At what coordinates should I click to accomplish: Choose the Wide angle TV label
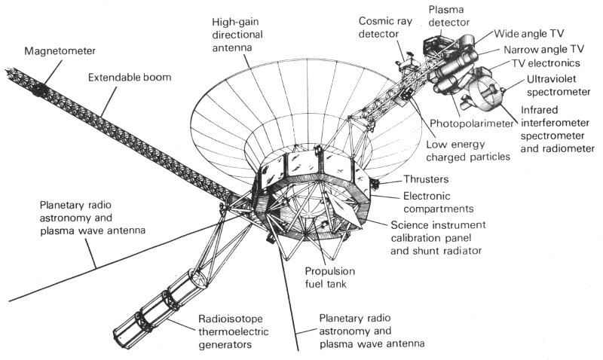point(529,35)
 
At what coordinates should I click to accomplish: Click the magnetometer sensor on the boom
point(38,88)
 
